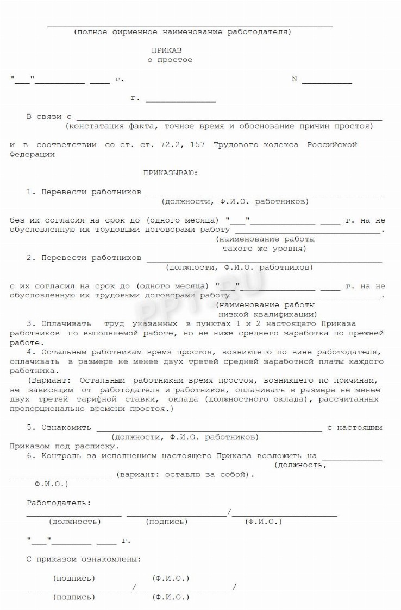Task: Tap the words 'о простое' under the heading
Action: pos(170,60)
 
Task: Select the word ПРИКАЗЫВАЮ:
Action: pos(171,174)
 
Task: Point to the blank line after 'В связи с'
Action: pos(229,119)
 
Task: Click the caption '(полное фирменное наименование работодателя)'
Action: pos(183,32)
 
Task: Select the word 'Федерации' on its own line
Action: pos(32,155)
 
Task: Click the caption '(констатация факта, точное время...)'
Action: pos(219,126)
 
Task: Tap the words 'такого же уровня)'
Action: pos(265,249)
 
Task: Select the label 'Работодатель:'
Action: pos(59,503)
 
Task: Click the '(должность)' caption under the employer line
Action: pos(74,522)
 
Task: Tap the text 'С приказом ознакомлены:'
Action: pos(84,559)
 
